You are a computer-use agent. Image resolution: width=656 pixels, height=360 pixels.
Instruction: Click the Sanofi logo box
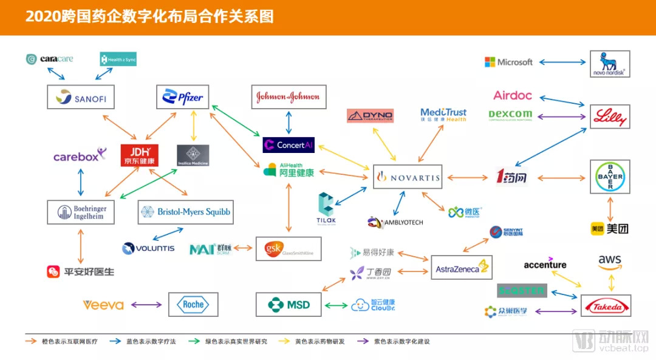81,97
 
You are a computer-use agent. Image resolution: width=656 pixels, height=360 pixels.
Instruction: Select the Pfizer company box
183,97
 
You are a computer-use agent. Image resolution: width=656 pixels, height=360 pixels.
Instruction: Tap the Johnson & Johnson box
288,97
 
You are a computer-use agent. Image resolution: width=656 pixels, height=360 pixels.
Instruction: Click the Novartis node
407,177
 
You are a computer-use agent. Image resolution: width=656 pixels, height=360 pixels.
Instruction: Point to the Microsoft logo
508,62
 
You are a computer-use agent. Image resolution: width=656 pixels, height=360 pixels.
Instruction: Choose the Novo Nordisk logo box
610,63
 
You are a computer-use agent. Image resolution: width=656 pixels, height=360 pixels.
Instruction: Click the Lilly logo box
610,116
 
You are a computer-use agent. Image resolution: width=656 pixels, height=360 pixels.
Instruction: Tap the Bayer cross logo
610,177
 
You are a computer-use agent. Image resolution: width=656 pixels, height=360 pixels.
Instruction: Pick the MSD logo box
288,305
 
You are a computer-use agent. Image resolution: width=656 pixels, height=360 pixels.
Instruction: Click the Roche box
193,305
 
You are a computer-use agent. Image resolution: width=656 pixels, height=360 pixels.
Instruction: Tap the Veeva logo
103,305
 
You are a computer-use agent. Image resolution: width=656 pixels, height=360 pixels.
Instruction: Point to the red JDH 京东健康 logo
139,155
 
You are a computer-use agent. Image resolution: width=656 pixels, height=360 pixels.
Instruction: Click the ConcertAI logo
289,145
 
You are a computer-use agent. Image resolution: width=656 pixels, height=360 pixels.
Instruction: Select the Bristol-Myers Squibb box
185,212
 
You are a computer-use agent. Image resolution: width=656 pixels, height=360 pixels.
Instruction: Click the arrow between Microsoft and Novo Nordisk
562,62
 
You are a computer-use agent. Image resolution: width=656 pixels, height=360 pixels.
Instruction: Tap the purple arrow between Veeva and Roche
146,305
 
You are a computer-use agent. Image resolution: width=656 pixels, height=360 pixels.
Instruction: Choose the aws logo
609,262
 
